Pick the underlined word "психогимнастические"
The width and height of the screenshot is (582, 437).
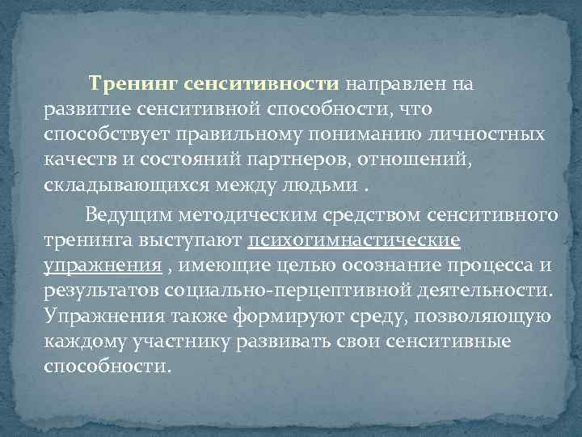click(355, 240)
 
